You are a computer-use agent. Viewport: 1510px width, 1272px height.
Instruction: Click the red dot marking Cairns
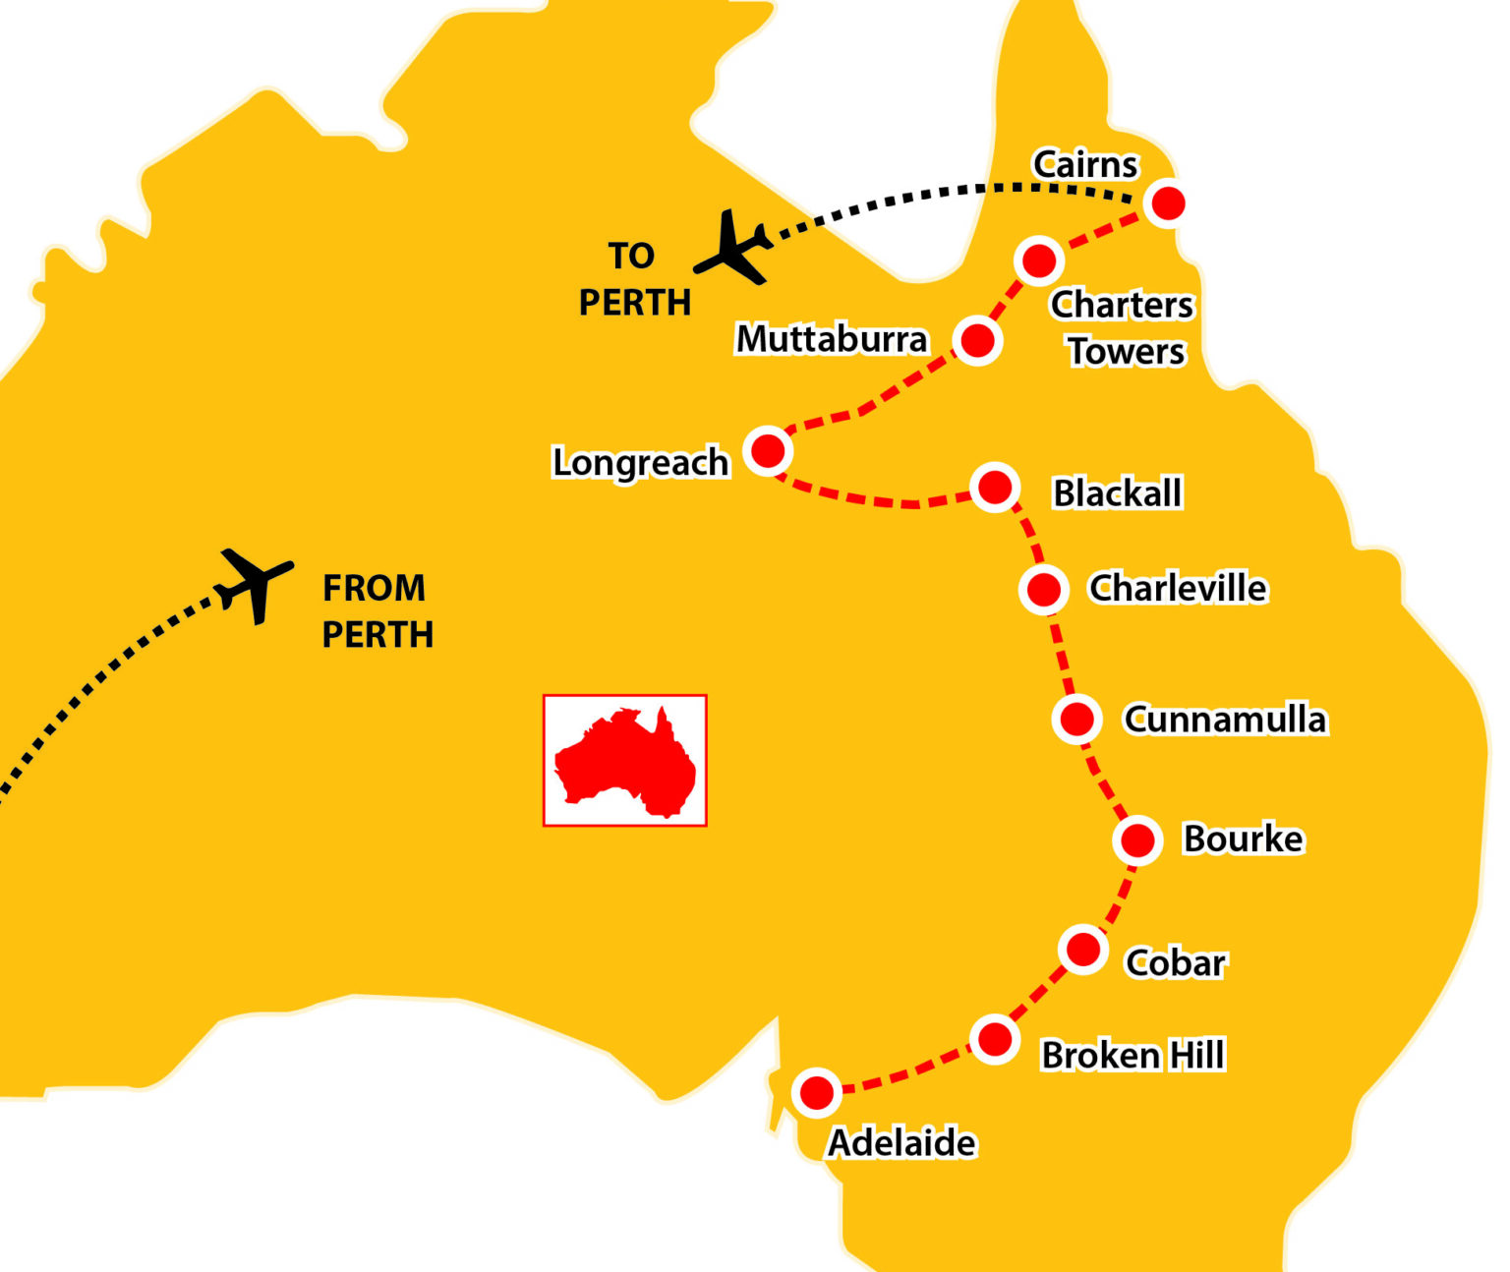1168,203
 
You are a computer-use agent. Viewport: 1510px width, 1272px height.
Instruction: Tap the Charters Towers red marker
1038,260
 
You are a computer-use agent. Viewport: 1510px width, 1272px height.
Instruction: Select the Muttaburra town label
832,339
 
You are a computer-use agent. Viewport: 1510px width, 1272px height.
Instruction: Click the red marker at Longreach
767,451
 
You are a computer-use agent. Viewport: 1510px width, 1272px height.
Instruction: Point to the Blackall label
1117,492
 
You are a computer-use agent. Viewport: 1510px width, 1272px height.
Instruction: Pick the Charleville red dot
1043,589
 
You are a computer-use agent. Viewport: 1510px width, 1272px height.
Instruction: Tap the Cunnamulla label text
1225,720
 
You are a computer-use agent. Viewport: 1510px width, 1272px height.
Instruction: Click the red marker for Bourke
1137,840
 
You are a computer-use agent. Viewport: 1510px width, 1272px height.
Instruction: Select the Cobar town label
1175,962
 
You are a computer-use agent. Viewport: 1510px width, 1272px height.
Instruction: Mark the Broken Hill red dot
994,1039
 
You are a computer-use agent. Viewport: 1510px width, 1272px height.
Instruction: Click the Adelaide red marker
816,1092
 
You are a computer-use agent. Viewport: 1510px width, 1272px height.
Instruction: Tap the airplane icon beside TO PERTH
732,248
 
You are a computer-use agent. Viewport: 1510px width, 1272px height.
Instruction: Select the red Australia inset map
625,760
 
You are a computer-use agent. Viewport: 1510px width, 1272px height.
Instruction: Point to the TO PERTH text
634,279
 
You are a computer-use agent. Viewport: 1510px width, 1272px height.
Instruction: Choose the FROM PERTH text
377,611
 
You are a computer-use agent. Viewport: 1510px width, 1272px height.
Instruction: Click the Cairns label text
1084,164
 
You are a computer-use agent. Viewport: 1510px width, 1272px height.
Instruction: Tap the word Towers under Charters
1127,351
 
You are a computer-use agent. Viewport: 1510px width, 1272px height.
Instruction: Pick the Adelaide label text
901,1143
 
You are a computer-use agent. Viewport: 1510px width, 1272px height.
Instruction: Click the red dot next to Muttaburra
976,340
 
